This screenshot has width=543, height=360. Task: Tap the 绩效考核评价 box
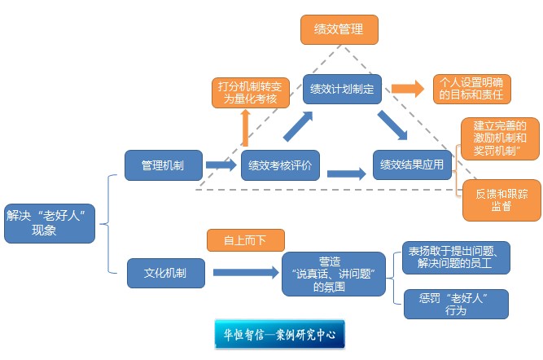279,165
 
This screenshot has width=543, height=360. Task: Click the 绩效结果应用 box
412,165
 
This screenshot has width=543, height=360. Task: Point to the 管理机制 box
162,165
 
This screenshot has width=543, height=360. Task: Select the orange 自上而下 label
246,239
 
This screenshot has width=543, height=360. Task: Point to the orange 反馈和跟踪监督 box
501,200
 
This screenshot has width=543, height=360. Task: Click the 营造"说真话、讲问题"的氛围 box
334,274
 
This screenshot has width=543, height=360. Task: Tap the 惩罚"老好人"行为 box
456,304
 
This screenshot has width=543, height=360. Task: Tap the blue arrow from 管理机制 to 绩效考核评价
221,165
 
